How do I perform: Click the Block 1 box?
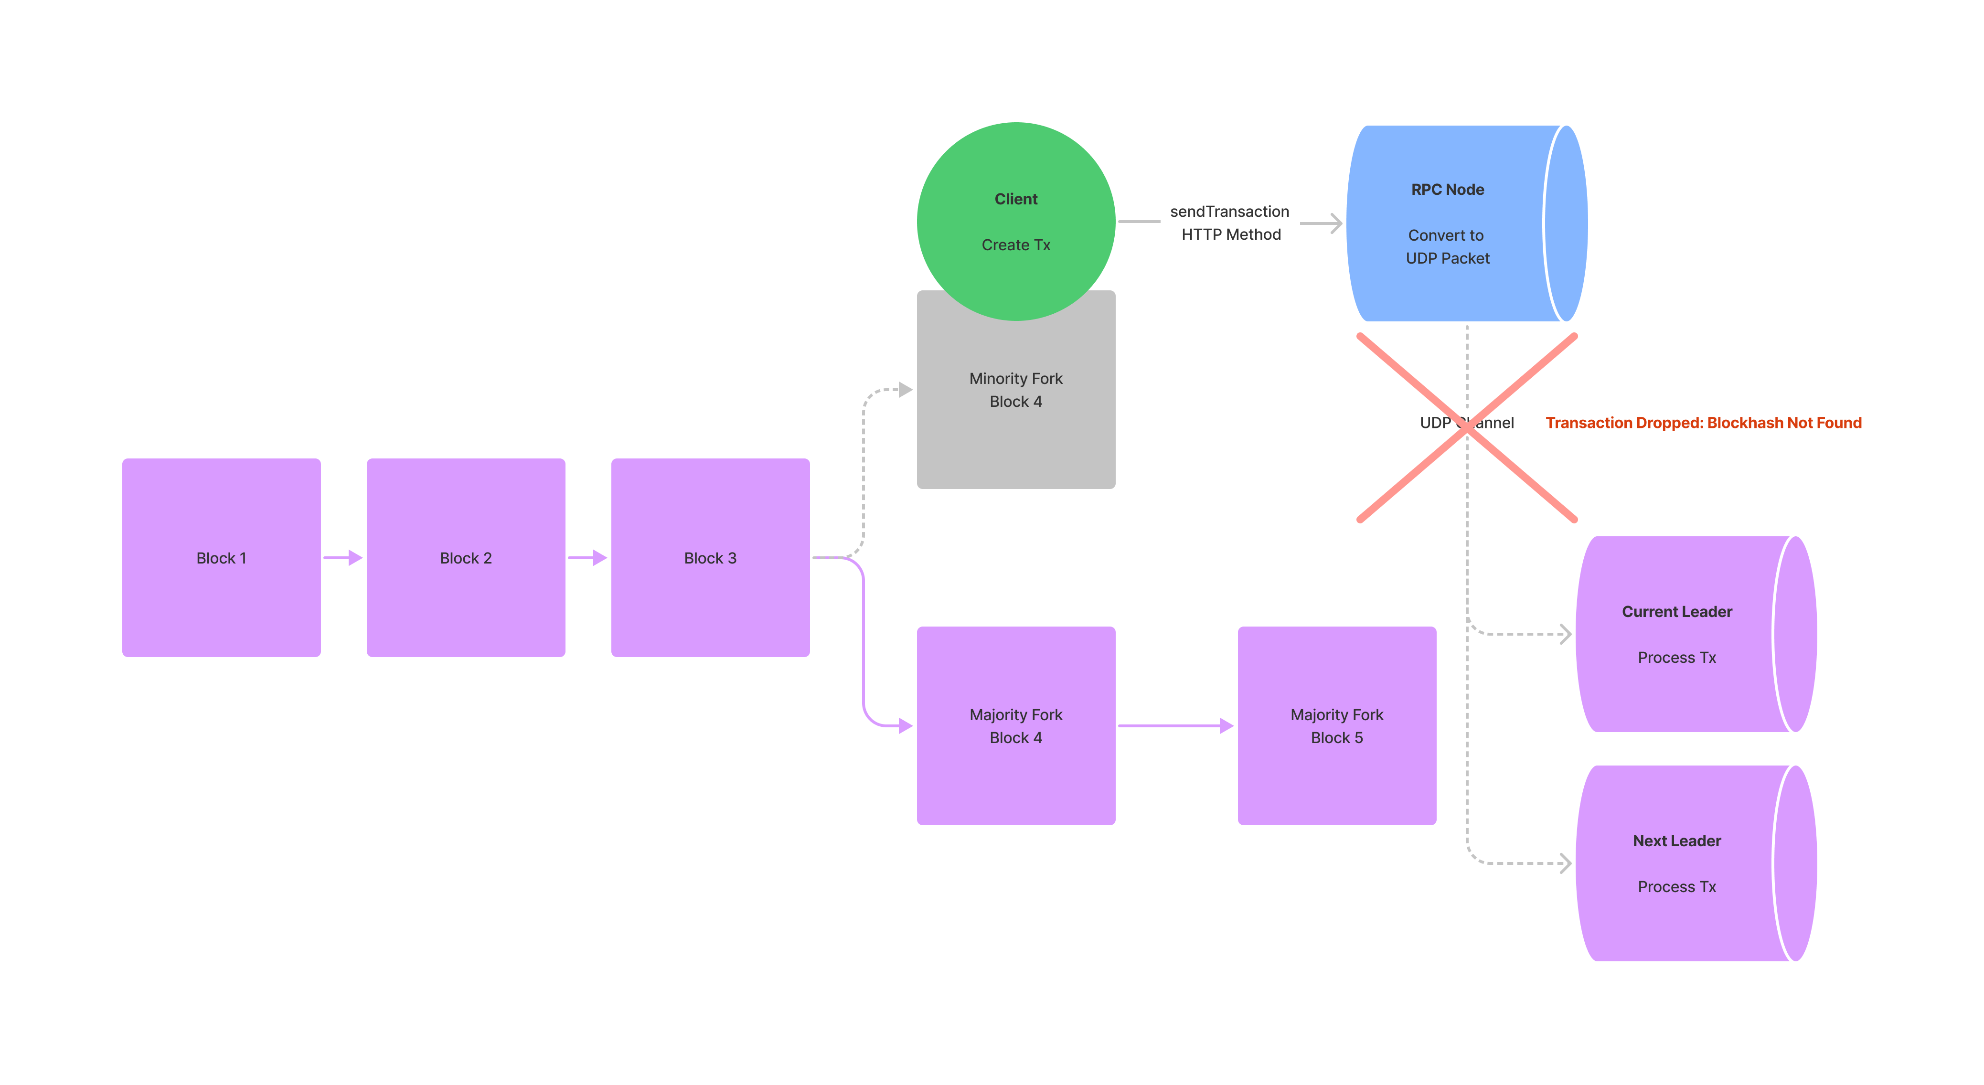coord(221,557)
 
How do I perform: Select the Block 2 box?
coord(465,557)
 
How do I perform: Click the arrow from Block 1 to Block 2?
coord(343,557)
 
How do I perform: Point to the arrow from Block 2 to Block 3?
coord(587,557)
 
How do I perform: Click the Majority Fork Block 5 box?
coord(1336,725)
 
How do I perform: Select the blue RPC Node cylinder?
coord(1456,223)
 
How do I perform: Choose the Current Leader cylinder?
coord(1687,634)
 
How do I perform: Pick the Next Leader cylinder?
coord(1687,863)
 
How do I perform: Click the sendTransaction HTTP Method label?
coord(1230,223)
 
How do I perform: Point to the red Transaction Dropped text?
coord(1703,423)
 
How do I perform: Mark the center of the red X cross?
coord(1466,429)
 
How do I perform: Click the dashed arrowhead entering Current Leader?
coord(1565,634)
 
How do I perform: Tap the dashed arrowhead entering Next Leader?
coord(1565,863)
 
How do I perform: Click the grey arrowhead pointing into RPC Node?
coord(1336,223)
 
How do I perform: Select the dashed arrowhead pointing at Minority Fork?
coord(905,390)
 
